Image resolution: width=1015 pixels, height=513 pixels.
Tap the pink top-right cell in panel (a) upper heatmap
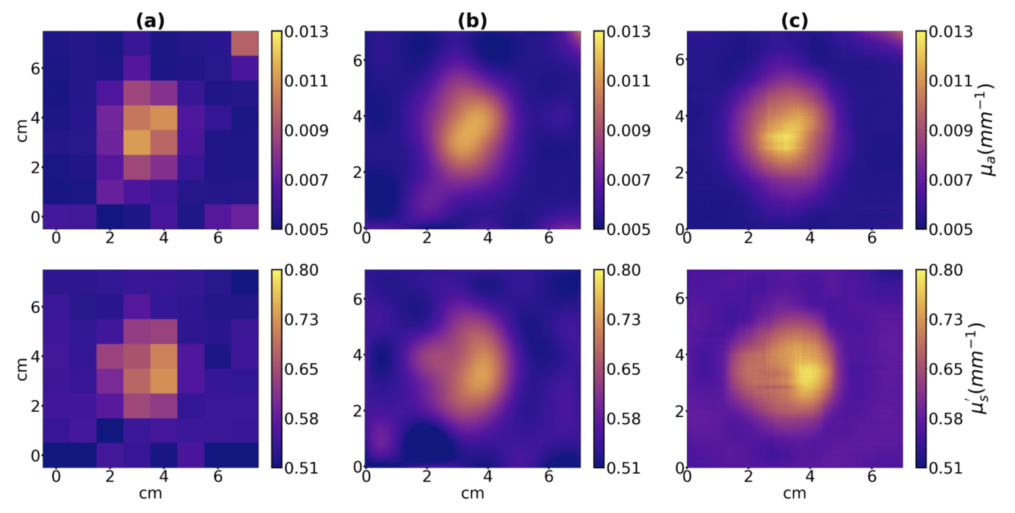(x=245, y=43)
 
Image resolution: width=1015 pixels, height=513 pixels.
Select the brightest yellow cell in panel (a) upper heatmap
(x=137, y=142)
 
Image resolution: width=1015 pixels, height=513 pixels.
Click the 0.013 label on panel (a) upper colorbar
(x=306, y=32)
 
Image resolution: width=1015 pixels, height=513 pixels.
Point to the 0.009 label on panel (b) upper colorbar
(x=628, y=131)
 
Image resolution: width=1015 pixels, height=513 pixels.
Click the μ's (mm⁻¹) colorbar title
(x=979, y=369)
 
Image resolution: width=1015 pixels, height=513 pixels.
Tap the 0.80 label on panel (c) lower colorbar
(x=946, y=271)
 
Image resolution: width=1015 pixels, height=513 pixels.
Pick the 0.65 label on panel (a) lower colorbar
(x=301, y=369)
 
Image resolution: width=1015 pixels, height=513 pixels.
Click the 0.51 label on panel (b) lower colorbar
(x=623, y=469)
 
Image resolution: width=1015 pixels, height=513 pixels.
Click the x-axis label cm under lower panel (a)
(x=150, y=494)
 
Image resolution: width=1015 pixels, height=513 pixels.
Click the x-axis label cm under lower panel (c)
(x=794, y=494)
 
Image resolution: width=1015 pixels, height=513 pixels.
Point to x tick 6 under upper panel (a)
(x=218, y=238)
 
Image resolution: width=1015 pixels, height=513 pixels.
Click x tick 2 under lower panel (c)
(x=748, y=476)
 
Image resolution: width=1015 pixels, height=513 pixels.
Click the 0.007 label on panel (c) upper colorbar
(x=950, y=181)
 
